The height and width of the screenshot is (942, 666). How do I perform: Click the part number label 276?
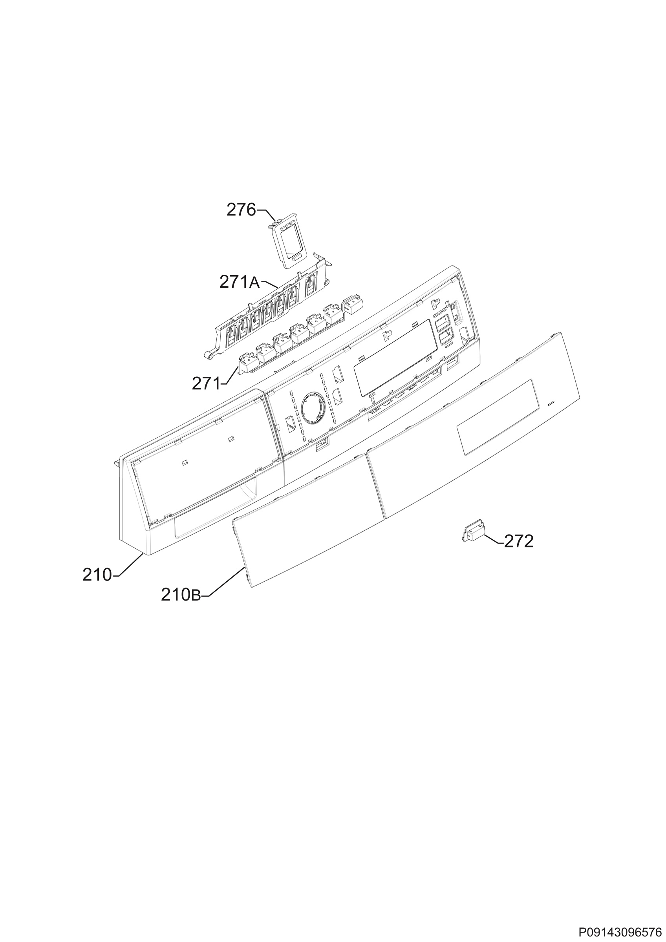pyautogui.click(x=241, y=210)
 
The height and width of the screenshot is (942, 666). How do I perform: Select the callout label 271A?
pyautogui.click(x=240, y=282)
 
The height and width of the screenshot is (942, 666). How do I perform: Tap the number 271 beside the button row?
pyautogui.click(x=206, y=383)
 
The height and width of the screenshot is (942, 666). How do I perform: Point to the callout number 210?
pyautogui.click(x=97, y=575)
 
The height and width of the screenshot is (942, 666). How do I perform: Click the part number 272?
pyautogui.click(x=519, y=542)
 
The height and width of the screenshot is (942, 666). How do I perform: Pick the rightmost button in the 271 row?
pyautogui.click(x=350, y=305)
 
